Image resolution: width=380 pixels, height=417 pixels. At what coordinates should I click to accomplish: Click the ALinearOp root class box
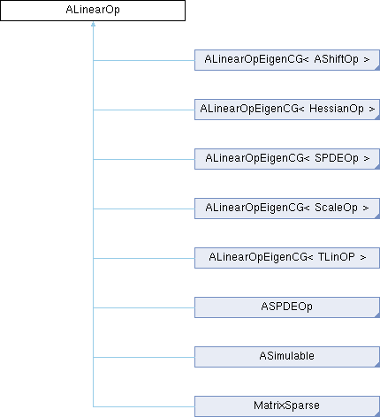93,11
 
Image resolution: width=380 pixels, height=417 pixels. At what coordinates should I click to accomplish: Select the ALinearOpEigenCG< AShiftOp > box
287,60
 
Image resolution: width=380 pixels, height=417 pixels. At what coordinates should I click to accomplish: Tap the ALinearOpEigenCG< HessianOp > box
287,110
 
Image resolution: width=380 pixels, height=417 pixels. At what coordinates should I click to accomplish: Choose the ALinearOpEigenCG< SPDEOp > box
287,159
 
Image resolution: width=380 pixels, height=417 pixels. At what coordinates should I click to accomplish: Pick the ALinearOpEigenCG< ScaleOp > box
287,208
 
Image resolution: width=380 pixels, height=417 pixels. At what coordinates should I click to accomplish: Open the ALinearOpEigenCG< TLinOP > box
287,258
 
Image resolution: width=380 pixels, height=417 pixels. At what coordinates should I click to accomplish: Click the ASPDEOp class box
287,307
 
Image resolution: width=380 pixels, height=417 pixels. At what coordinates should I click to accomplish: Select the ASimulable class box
287,357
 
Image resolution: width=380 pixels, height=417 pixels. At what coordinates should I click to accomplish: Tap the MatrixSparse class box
287,406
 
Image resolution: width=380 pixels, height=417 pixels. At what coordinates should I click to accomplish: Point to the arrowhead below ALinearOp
93,24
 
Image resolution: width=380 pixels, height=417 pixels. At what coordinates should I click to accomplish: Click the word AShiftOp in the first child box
337,59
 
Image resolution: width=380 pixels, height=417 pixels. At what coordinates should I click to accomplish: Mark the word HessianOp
337,109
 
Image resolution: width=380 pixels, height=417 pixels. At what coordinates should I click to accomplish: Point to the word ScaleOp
336,208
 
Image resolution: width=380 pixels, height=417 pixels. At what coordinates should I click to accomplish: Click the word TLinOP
337,257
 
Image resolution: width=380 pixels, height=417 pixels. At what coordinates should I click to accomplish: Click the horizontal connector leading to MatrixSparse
144,407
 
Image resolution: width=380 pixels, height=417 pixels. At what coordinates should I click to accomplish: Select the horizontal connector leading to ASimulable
144,358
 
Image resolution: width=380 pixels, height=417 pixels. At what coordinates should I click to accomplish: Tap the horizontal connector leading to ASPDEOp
144,308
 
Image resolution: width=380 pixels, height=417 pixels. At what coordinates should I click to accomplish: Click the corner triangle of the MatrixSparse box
377,414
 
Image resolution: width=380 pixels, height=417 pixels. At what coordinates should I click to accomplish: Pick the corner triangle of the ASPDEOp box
377,315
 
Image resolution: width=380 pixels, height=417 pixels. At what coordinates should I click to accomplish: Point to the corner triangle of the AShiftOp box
377,68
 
